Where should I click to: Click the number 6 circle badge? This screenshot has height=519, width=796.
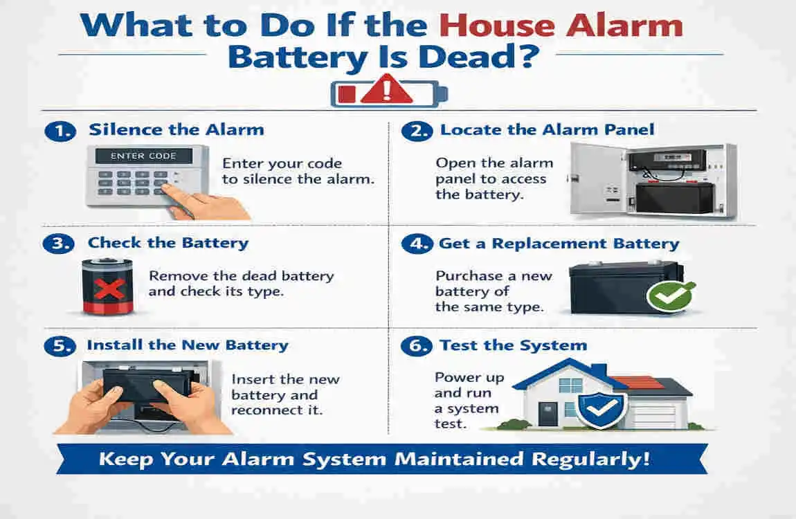[417, 346]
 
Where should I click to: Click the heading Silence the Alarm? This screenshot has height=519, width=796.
[176, 129]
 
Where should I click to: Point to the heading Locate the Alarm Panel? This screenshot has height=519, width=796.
[547, 129]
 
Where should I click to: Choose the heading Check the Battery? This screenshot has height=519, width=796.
[168, 243]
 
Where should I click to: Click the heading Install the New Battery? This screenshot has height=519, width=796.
[187, 345]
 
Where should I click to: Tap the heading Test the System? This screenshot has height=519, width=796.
[514, 345]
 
